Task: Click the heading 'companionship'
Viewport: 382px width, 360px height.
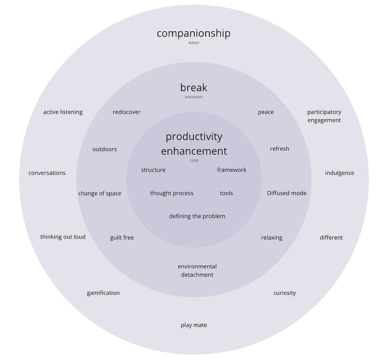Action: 194,33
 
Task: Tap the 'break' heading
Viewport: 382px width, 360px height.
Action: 194,88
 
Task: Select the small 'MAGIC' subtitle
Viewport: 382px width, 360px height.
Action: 194,43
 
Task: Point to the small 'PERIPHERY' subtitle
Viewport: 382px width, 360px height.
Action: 194,97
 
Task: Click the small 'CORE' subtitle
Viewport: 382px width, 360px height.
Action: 194,161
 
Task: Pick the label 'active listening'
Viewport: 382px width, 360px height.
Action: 63,112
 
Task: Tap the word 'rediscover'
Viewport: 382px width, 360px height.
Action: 127,112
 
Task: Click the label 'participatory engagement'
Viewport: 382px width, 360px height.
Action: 324,116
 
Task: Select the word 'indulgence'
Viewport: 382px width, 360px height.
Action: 339,173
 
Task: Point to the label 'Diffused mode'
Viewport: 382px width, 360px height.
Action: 286,193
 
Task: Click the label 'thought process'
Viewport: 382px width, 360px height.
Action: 172,193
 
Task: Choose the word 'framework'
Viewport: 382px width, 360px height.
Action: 231,170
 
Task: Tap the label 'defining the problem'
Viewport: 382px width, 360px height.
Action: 197,216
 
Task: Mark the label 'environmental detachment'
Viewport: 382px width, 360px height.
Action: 197,270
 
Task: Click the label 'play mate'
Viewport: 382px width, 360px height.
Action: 194,325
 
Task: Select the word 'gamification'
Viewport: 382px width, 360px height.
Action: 103,293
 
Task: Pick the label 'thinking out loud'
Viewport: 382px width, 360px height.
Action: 63,237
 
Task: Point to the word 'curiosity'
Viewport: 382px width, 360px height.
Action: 285,293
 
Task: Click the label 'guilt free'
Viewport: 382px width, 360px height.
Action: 122,238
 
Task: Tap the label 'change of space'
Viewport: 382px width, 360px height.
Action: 100,193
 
